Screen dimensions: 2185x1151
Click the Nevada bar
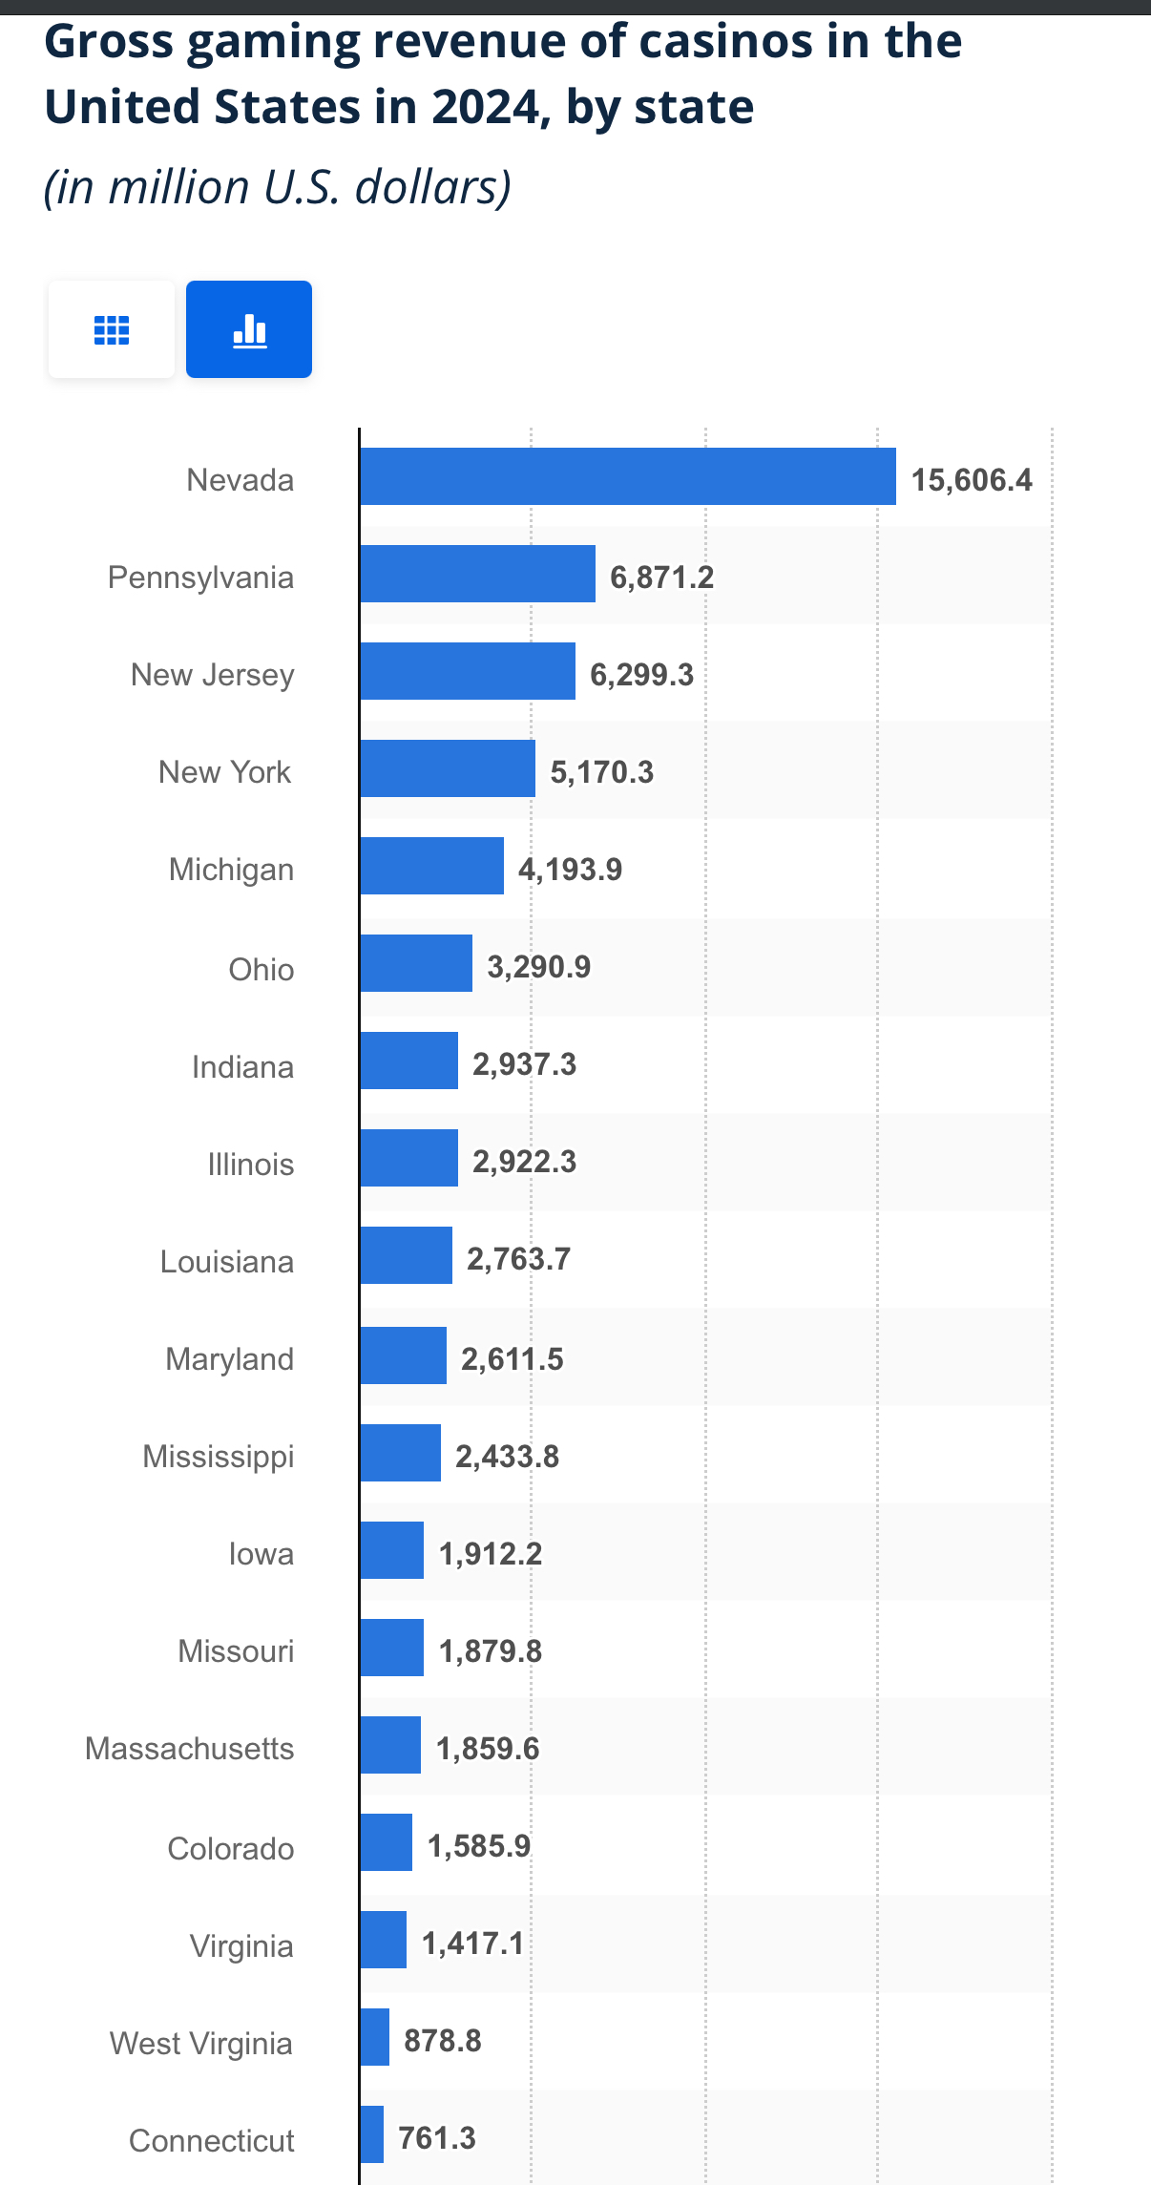click(627, 476)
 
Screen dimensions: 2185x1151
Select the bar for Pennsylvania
click(477, 574)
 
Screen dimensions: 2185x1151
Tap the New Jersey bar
click(468, 671)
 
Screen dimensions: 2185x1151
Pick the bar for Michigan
click(431, 866)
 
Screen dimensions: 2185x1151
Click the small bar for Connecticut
click(372, 2134)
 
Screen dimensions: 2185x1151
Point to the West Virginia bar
click(375, 2037)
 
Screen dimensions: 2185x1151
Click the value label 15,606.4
click(971, 479)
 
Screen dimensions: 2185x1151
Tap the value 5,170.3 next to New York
click(601, 771)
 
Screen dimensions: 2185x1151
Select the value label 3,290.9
click(538, 966)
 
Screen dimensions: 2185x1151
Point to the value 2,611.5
click(512, 1358)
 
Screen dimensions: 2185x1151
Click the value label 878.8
click(442, 2040)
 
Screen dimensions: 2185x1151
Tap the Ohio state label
click(261, 969)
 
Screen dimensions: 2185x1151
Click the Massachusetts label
click(189, 1748)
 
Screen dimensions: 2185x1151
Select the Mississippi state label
click(218, 1456)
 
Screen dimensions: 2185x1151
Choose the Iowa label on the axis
click(261, 1553)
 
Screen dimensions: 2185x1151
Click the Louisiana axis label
click(226, 1261)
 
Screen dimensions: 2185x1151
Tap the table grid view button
click(112, 329)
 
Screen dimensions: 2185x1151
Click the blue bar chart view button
click(249, 329)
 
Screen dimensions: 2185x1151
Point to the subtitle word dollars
click(432, 186)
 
